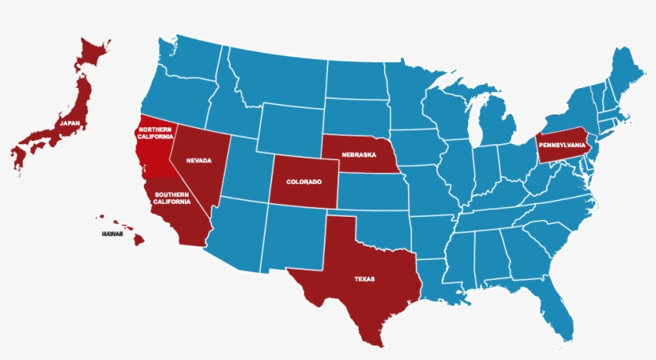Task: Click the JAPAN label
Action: [70, 124]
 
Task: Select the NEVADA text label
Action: [198, 160]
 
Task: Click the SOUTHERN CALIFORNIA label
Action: [173, 198]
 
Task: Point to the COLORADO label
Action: [303, 182]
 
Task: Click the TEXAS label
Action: [364, 279]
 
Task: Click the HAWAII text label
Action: [112, 234]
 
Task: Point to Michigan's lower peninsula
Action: [496, 124]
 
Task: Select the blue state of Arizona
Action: [236, 236]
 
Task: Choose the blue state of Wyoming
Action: [288, 128]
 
